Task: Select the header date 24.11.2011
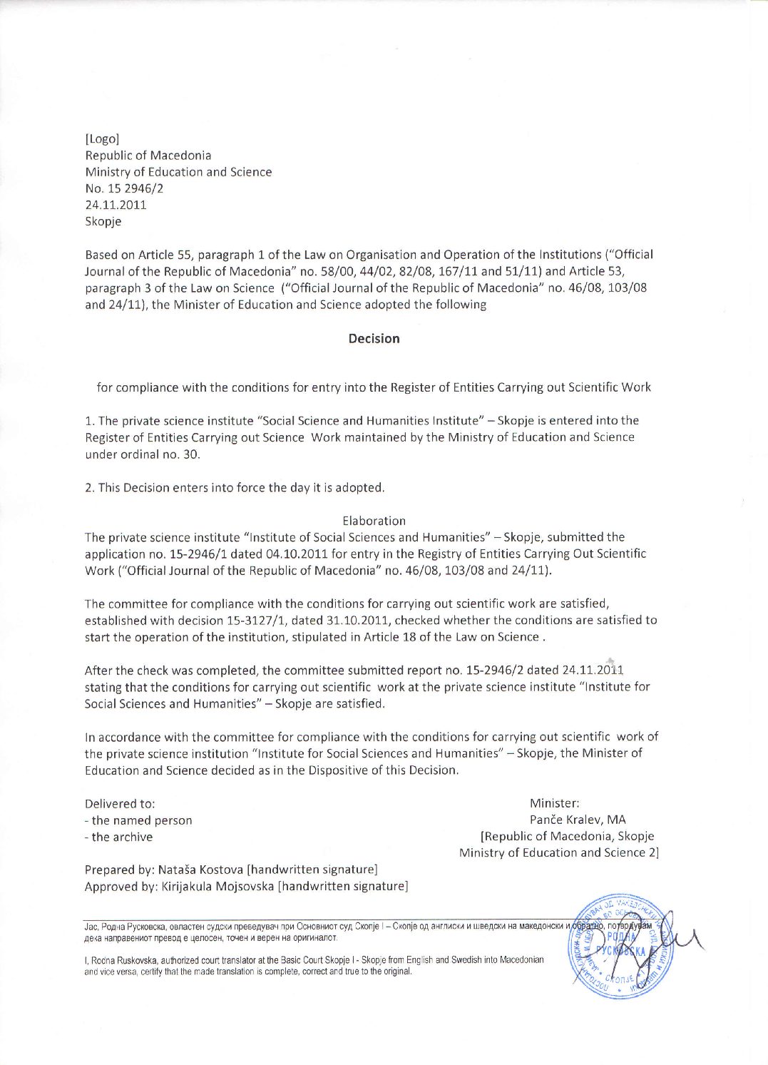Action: pos(116,205)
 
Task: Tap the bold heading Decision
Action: pos(374,339)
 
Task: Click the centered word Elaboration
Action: pos(374,521)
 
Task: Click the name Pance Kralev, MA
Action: pos(578,820)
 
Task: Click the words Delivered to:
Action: pos(120,804)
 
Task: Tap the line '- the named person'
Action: pos(138,820)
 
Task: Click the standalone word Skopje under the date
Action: pos(103,222)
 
